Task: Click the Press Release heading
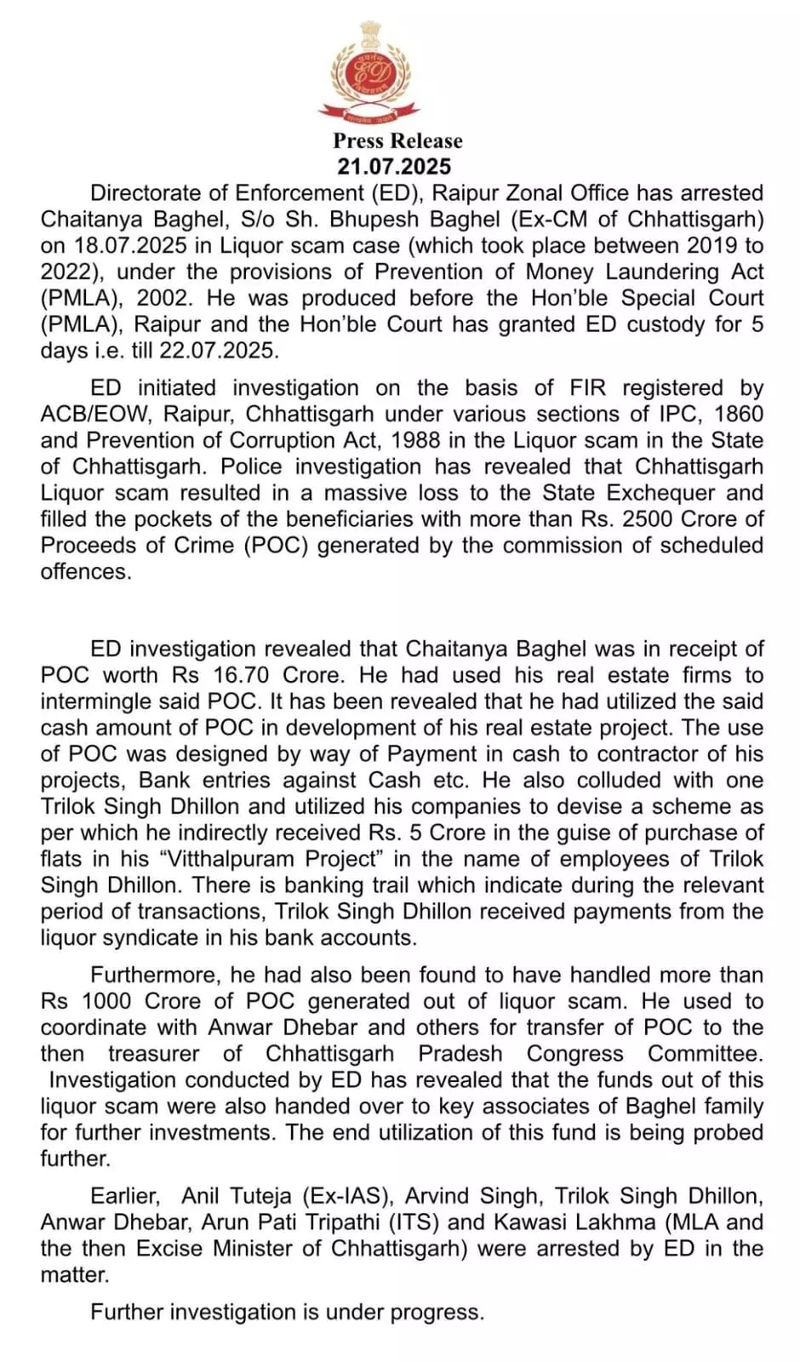(x=397, y=140)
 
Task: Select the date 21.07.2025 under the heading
(x=393, y=166)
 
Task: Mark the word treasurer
(x=154, y=1055)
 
